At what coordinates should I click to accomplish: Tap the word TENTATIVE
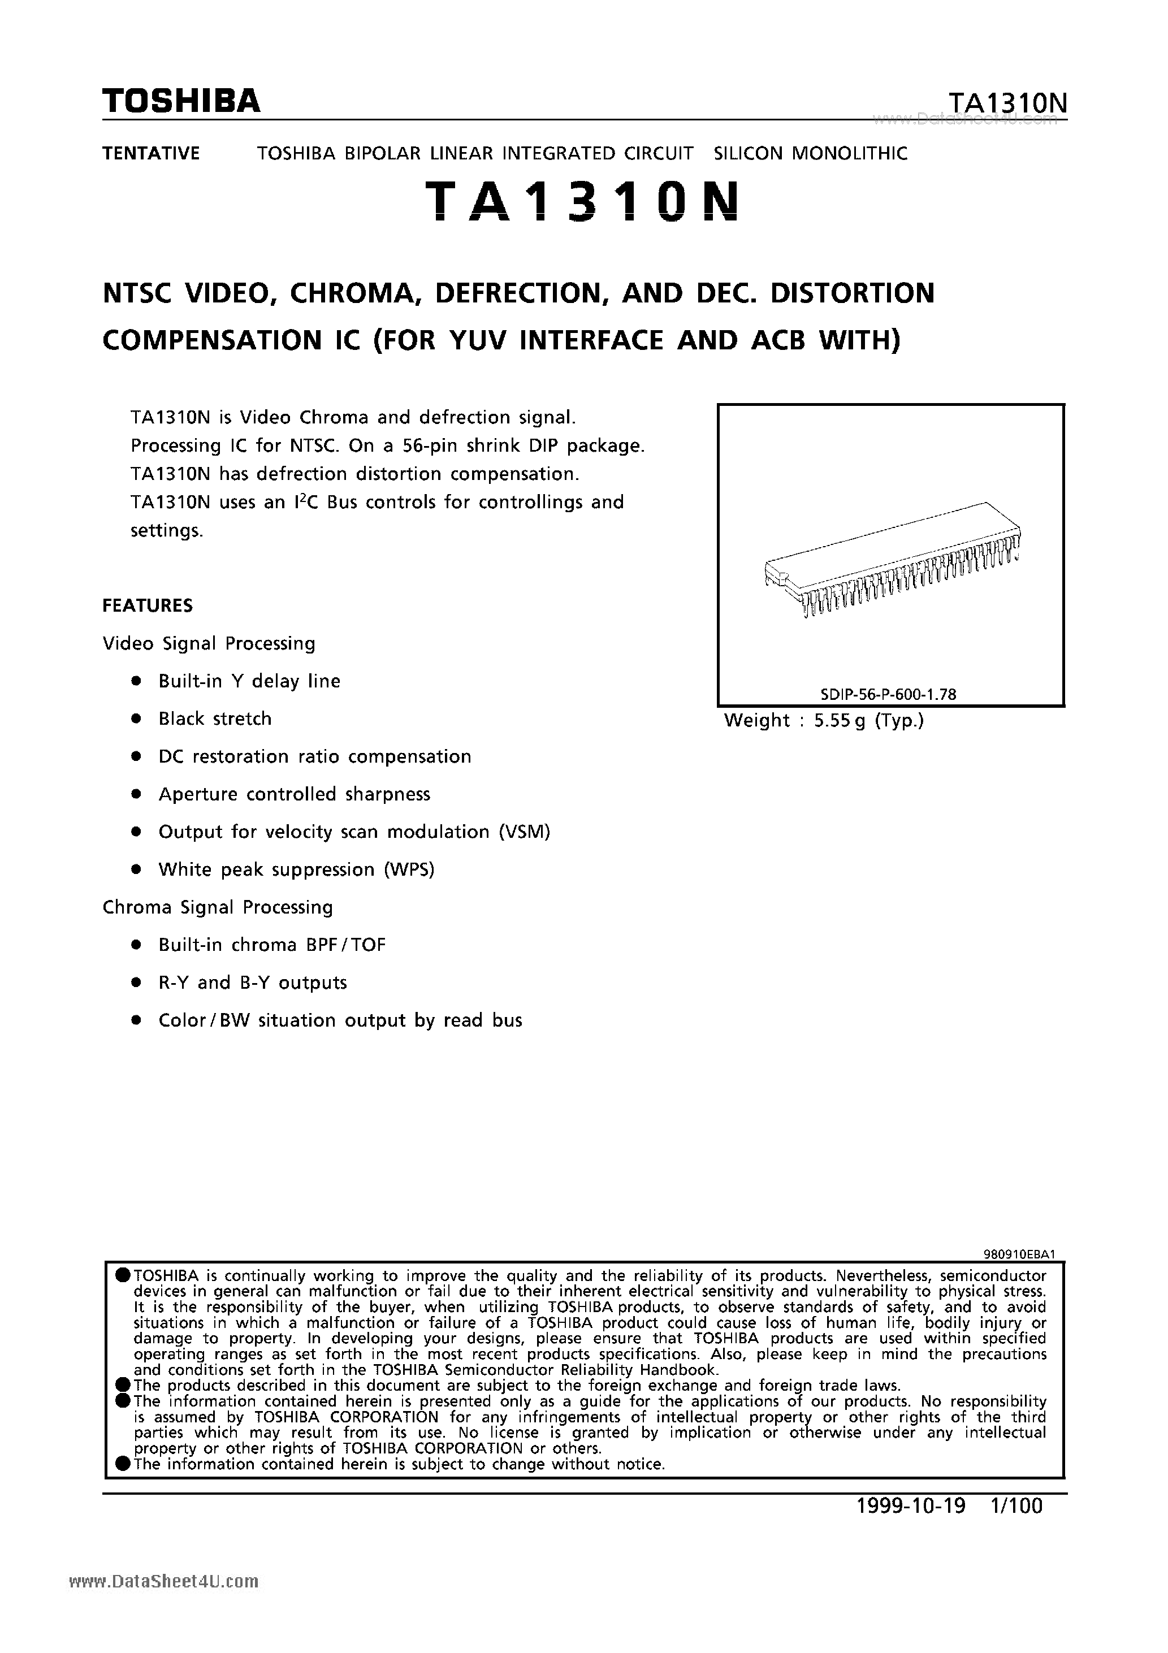pos(150,153)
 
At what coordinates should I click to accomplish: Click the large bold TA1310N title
pos(582,201)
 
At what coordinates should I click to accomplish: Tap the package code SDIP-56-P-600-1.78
pos(888,694)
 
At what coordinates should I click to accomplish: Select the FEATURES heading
pos(148,605)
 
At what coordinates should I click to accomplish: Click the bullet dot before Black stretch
pos(135,719)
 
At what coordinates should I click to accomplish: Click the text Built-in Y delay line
pos(249,681)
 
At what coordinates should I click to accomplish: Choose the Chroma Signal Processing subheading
pos(218,907)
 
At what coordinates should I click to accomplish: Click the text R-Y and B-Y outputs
pos(252,983)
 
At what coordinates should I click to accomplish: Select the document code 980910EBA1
pos(1019,1253)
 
